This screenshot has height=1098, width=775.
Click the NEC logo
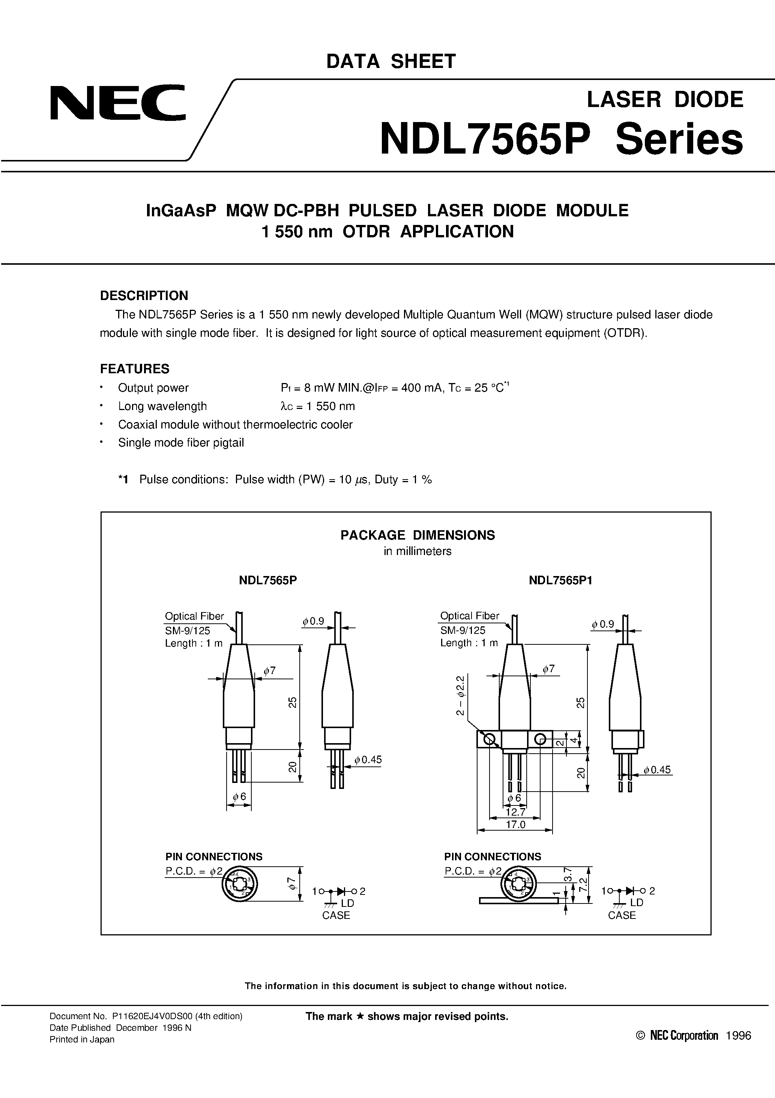[x=117, y=103]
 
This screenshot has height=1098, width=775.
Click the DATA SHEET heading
[x=391, y=61]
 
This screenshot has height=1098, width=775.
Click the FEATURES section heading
[x=134, y=369]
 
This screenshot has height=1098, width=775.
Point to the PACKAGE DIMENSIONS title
[x=417, y=535]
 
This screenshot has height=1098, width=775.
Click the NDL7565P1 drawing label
[x=560, y=580]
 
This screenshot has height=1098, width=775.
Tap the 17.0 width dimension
[x=515, y=825]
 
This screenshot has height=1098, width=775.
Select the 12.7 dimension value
[x=515, y=812]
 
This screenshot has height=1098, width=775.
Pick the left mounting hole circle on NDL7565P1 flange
[x=488, y=740]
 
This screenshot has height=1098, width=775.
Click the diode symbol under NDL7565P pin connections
[x=340, y=891]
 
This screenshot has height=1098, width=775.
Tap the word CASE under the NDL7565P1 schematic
[x=622, y=916]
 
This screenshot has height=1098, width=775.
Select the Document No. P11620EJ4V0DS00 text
[x=146, y=1016]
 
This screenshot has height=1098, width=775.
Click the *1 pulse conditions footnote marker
[x=124, y=480]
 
